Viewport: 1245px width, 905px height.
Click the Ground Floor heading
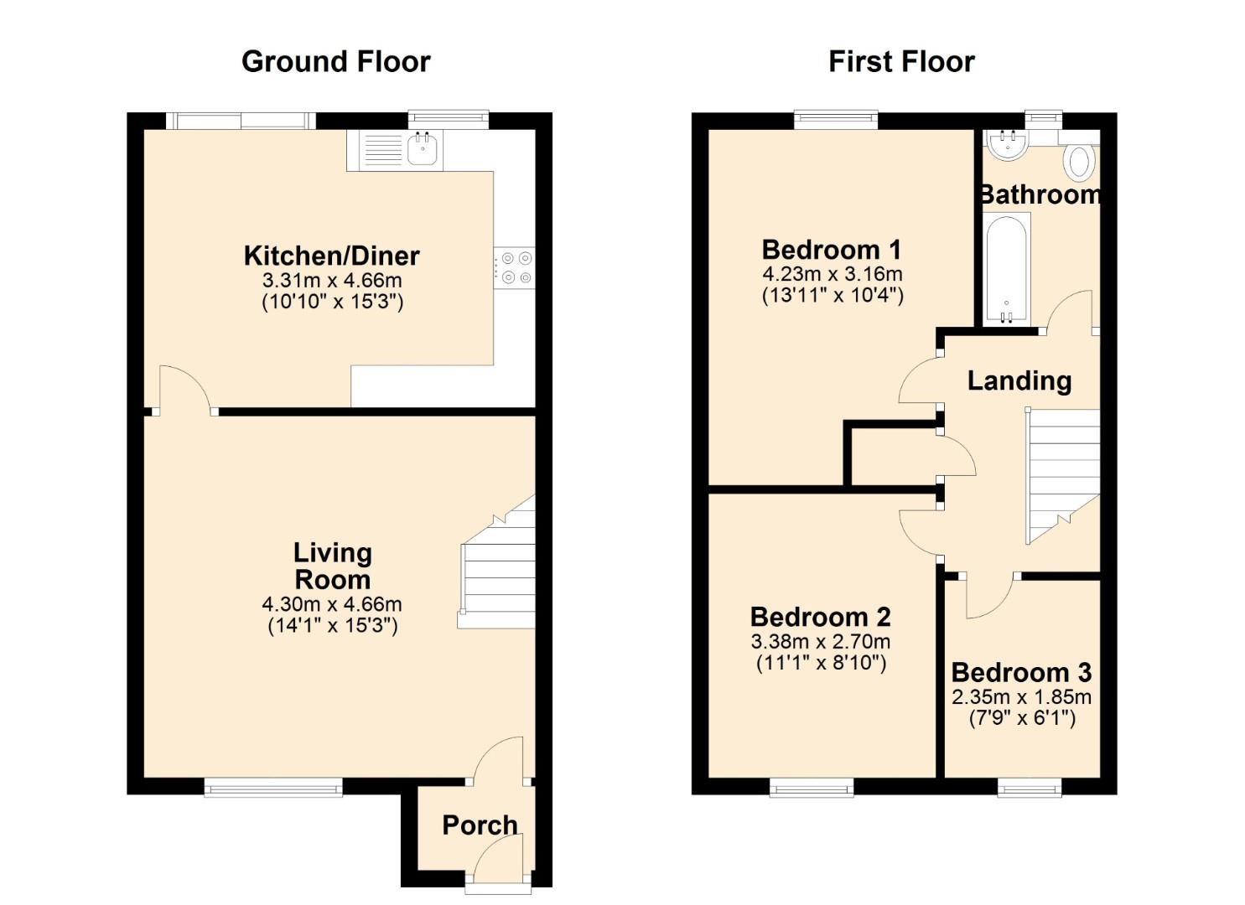(335, 61)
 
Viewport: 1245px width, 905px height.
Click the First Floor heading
(901, 61)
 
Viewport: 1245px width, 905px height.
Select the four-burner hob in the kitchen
(514, 267)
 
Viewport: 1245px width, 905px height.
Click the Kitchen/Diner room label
(332, 256)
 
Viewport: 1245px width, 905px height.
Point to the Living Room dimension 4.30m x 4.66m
(332, 604)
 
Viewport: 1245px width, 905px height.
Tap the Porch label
(480, 825)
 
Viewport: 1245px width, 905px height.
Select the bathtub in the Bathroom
(1005, 268)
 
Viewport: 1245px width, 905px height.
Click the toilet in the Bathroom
(1080, 161)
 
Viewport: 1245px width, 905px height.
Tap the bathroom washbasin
(1006, 145)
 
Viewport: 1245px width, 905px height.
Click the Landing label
(1019, 381)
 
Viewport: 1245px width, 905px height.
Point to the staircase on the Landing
(1063, 473)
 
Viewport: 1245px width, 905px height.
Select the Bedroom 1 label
(831, 250)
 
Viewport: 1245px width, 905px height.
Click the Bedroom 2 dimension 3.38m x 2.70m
(821, 642)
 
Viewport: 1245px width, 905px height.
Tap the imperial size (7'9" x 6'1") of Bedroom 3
(1021, 718)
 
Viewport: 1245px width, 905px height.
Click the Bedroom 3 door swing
(989, 597)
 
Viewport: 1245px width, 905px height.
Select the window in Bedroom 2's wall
(812, 787)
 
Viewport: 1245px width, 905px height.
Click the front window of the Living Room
(273, 786)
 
